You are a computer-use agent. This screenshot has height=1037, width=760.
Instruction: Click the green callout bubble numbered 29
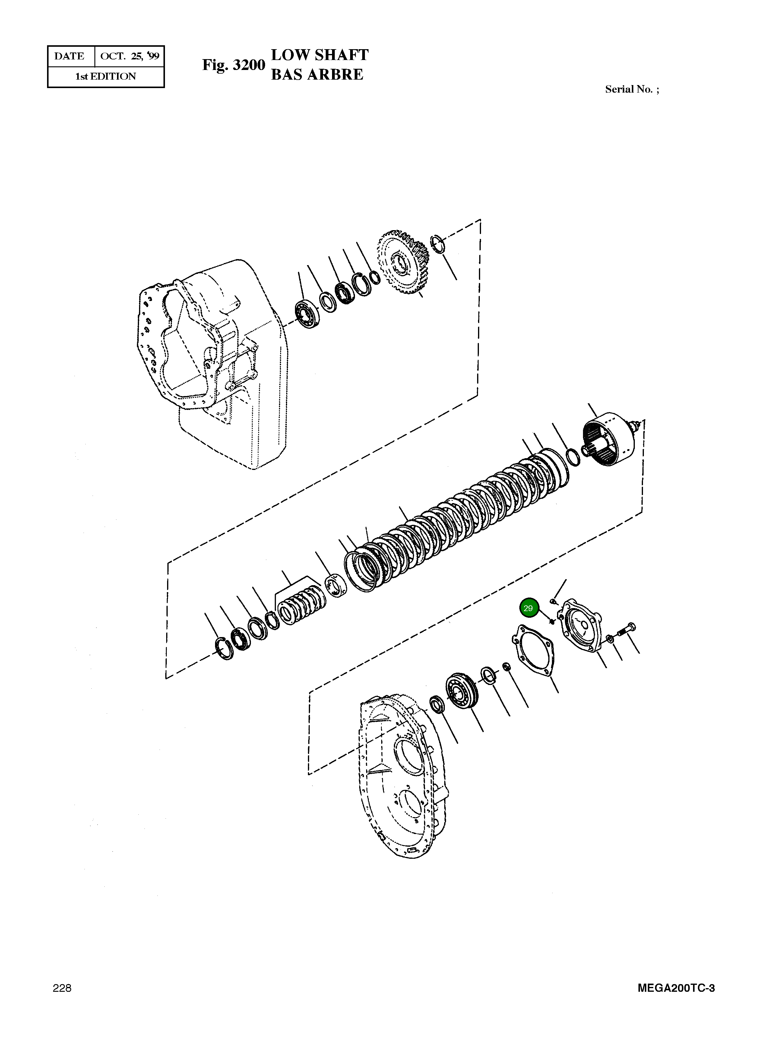528,608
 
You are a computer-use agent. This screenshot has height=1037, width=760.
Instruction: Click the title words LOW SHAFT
320,55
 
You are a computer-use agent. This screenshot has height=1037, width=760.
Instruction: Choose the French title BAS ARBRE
317,75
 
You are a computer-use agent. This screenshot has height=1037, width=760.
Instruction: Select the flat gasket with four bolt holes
533,650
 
